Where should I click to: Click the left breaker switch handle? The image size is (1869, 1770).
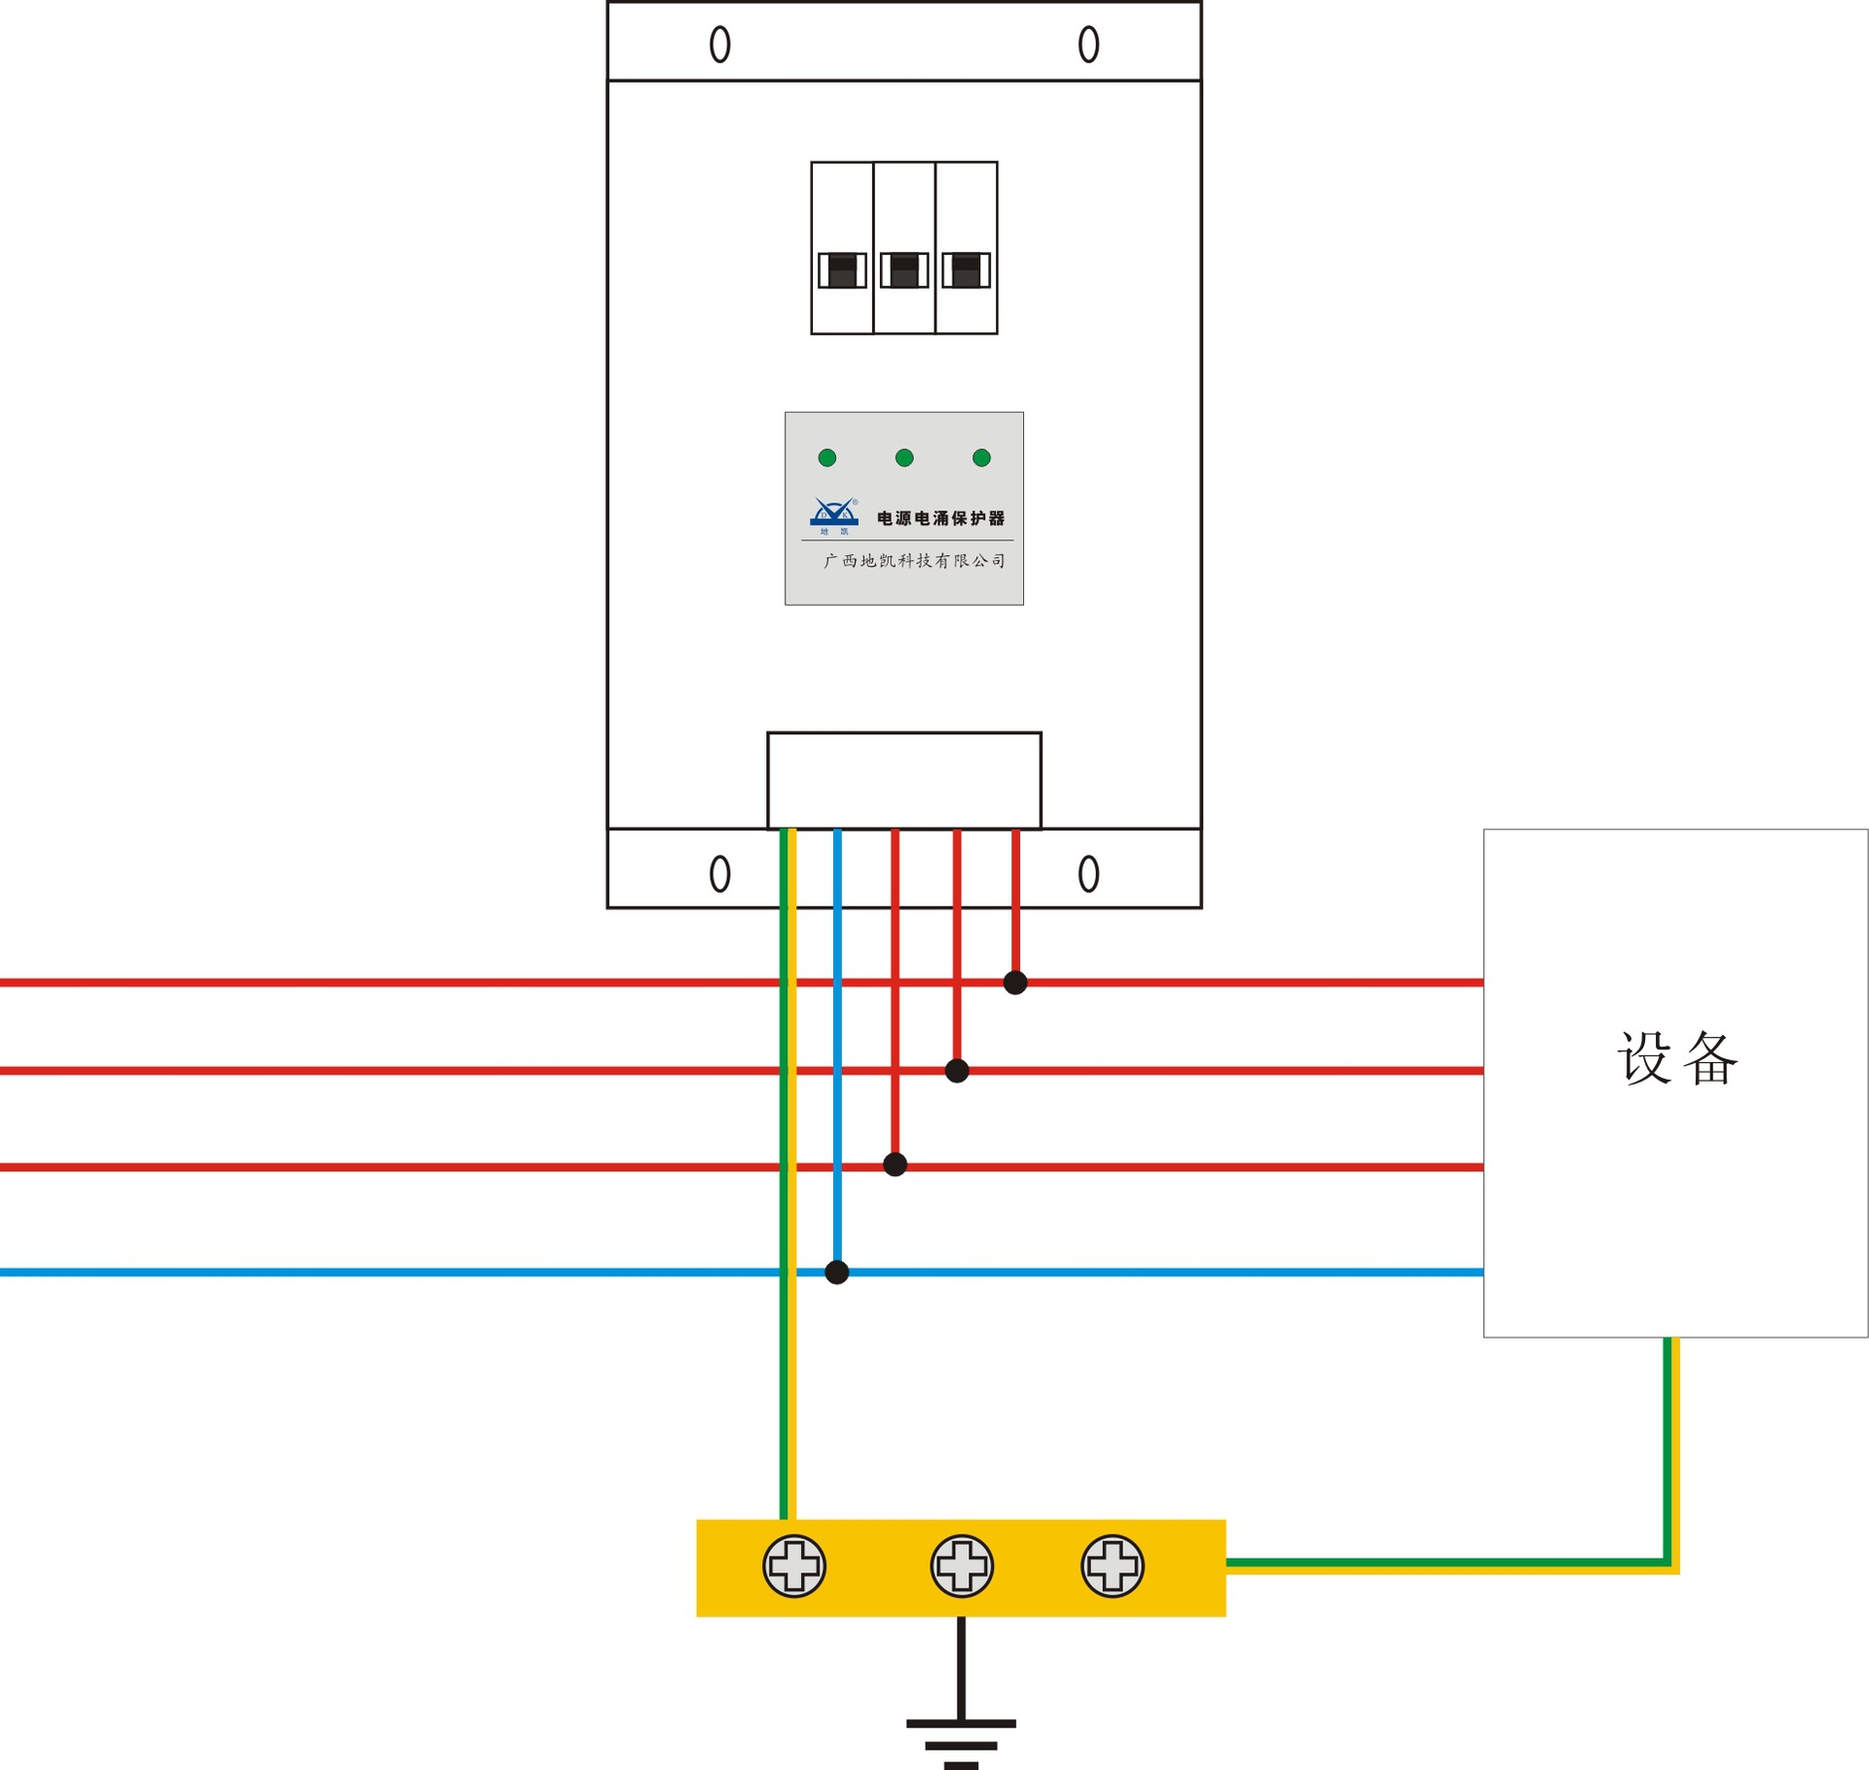point(842,270)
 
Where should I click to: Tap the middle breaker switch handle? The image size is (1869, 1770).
point(904,270)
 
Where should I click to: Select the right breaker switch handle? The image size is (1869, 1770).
point(966,270)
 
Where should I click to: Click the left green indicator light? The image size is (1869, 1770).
point(827,458)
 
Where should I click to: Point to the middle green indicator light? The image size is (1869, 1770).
point(904,458)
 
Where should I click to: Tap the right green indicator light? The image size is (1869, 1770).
point(981,458)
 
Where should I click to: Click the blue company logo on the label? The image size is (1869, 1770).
point(834,514)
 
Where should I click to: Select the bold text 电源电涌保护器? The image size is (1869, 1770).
point(940,518)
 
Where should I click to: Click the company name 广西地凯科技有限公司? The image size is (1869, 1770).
point(914,561)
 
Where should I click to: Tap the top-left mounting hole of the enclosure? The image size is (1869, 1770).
point(719,44)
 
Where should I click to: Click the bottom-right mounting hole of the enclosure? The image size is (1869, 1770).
point(1088,873)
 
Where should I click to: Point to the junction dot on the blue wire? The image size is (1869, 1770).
point(837,1272)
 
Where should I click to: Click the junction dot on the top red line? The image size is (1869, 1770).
point(1015,982)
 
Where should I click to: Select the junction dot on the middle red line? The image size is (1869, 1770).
point(957,1071)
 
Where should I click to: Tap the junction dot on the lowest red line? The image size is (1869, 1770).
point(896,1164)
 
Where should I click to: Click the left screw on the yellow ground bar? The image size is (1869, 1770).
point(794,1567)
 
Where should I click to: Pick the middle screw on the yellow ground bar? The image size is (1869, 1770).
point(962,1567)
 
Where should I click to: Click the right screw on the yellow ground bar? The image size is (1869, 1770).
point(1113,1567)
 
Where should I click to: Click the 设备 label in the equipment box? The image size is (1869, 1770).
point(1676,1058)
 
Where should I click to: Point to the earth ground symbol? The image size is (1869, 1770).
point(961,1738)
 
